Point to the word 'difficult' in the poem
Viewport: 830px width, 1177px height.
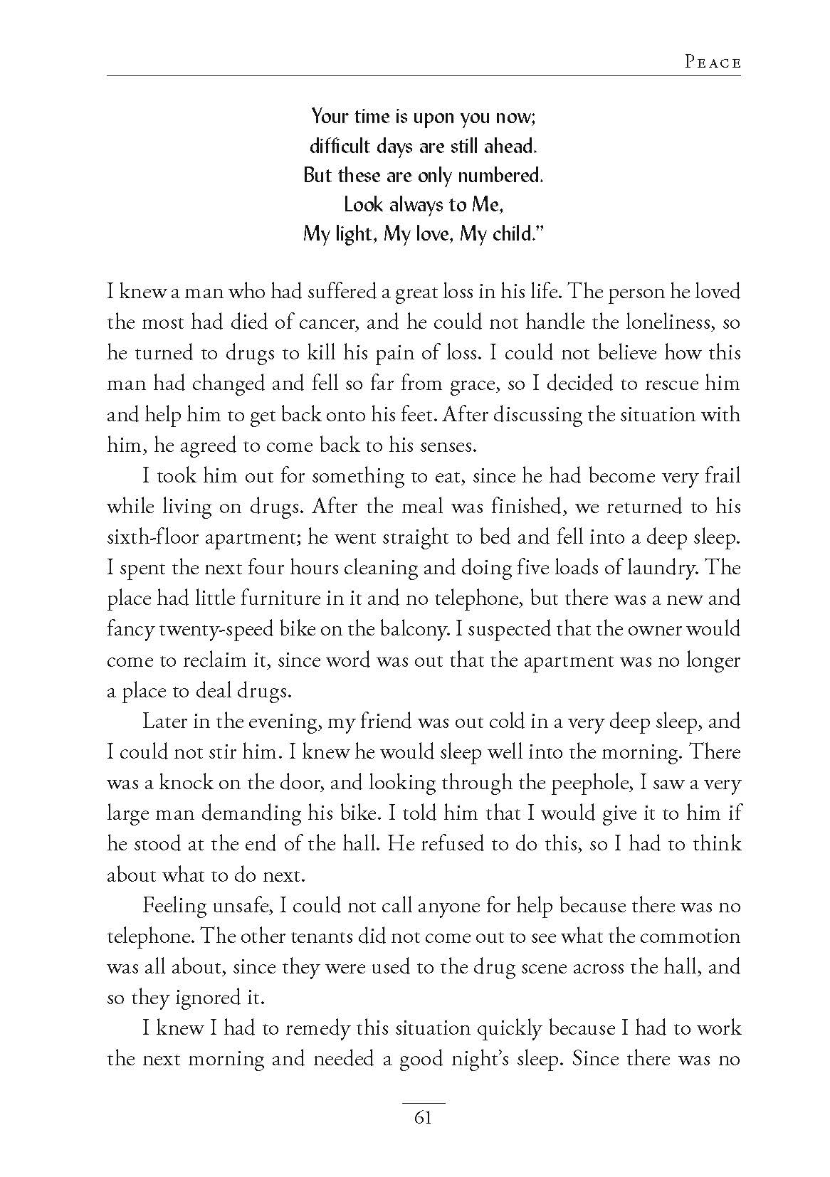pyautogui.click(x=335, y=146)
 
